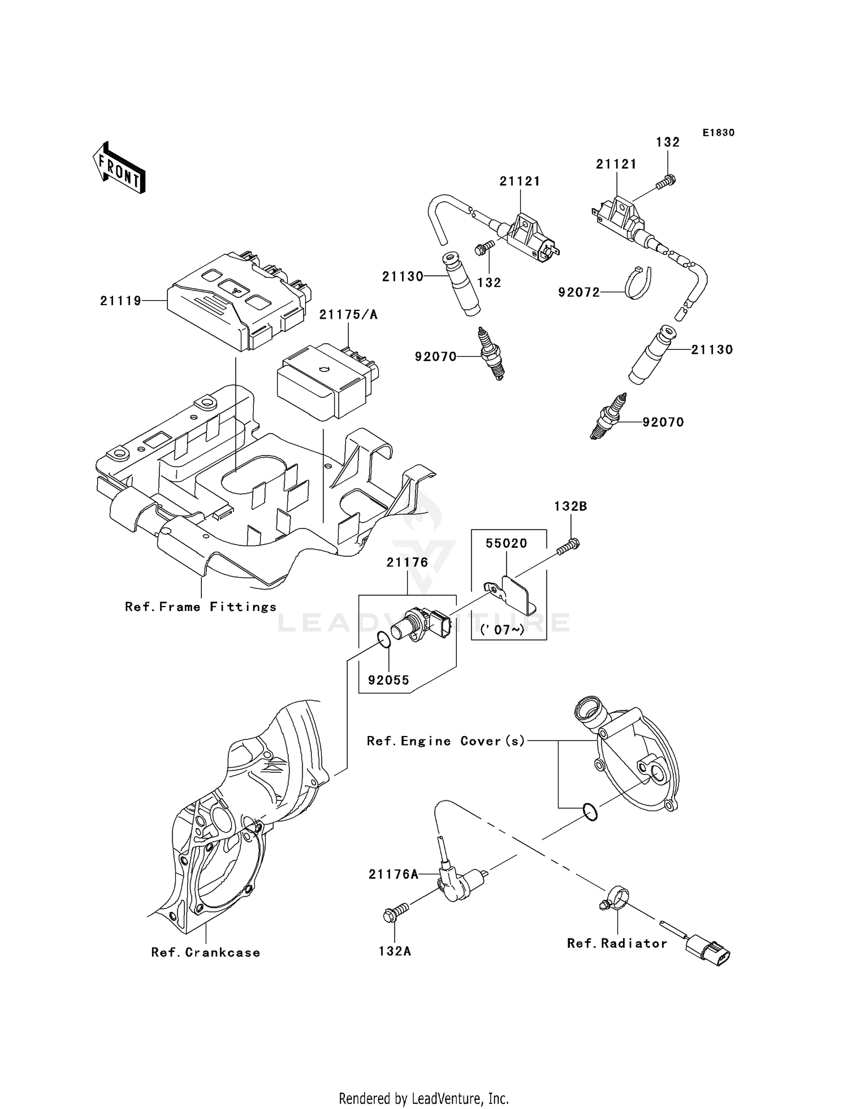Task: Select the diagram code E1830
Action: click(x=718, y=133)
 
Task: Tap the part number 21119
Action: click(x=120, y=301)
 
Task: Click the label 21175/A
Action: click(x=348, y=315)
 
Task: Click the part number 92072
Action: click(x=578, y=293)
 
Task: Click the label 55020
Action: click(x=506, y=543)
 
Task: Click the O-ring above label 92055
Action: click(x=383, y=640)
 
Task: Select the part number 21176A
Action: click(x=393, y=874)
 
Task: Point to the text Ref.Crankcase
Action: click(x=206, y=952)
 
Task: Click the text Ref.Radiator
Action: click(x=617, y=943)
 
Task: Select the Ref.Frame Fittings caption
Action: click(x=201, y=607)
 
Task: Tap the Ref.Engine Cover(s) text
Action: click(x=446, y=741)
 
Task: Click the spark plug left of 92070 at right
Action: click(x=608, y=417)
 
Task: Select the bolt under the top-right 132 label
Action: click(x=667, y=182)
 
